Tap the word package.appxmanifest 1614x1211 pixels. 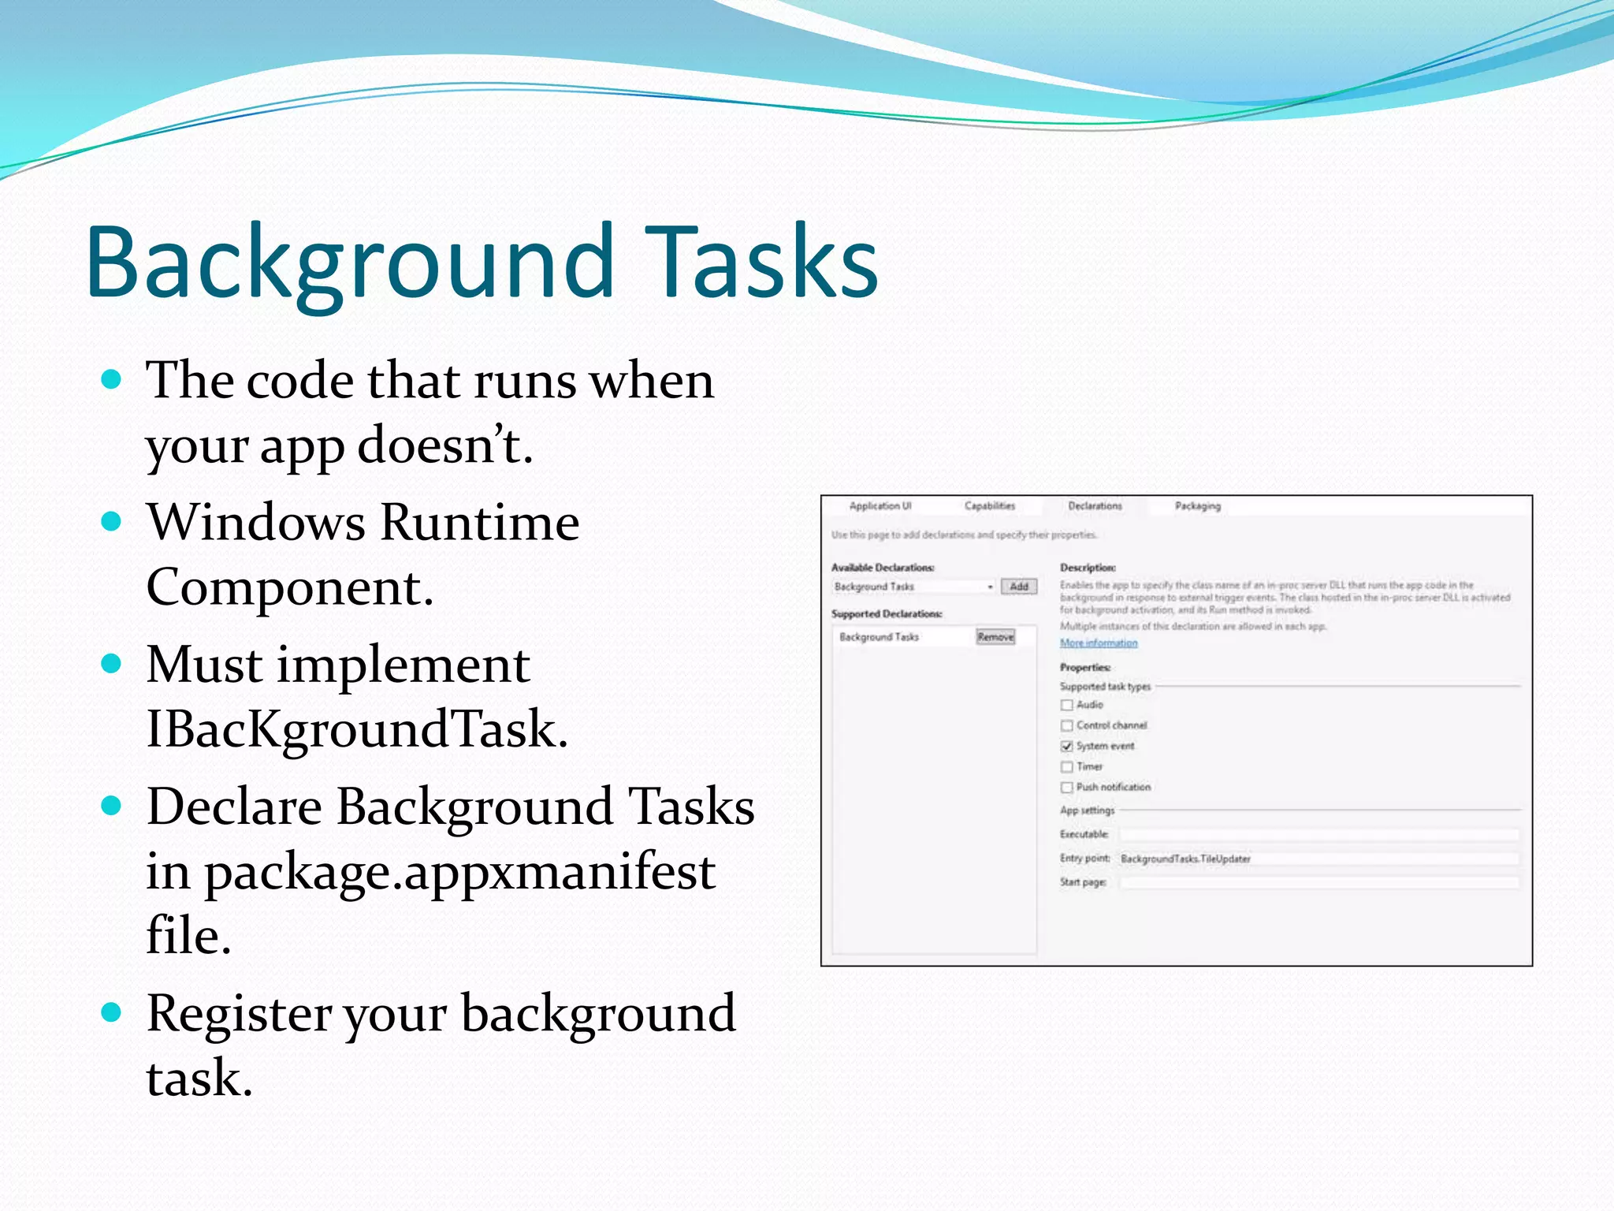point(459,872)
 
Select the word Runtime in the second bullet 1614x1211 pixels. point(480,523)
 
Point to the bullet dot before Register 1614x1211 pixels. point(112,1012)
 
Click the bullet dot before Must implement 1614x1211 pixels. point(112,663)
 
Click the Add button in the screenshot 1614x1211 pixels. point(1019,587)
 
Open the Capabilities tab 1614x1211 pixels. point(990,506)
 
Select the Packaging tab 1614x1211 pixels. point(1197,506)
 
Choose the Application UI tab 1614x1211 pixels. point(880,506)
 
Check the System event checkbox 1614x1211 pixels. point(1067,746)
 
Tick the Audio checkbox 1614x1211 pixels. point(1067,705)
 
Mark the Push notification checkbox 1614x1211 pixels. point(1067,787)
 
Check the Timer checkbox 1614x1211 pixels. point(1067,766)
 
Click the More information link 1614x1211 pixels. point(1099,643)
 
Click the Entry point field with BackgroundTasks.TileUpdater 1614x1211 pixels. point(1318,859)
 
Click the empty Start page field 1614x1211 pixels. point(1318,882)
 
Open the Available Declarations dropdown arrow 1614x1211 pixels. point(990,587)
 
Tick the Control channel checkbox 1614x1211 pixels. point(1067,725)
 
